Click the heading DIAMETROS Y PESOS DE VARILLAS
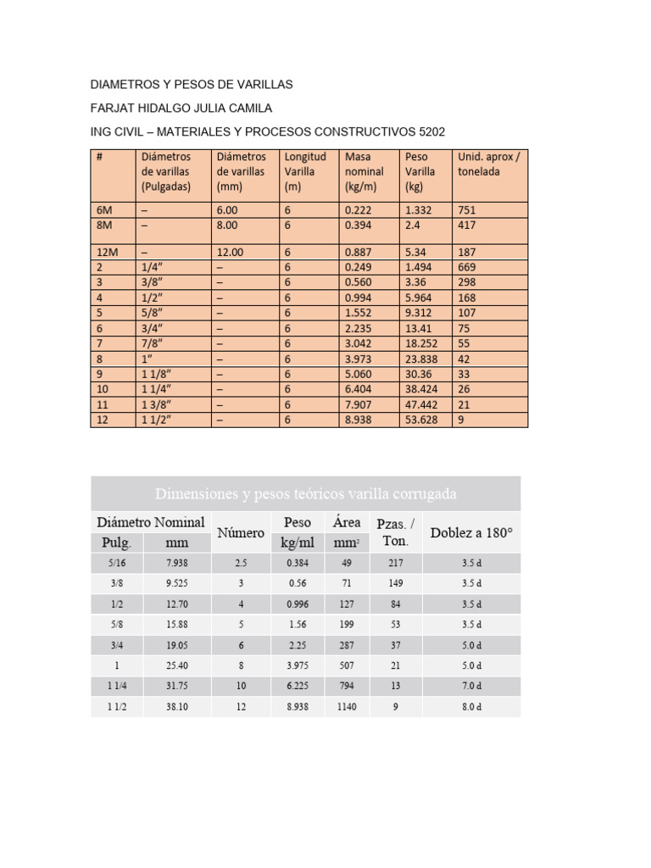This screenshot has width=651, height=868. click(x=191, y=85)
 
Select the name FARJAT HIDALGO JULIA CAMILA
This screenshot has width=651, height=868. click(x=181, y=108)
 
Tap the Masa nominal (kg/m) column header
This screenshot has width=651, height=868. click(x=364, y=171)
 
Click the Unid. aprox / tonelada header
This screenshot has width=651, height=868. click(x=488, y=164)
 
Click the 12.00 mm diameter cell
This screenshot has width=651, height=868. click(x=230, y=252)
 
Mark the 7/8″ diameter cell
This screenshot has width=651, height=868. click(x=153, y=343)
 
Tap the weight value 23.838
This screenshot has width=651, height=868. click(x=422, y=359)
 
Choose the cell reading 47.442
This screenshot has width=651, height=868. click(x=422, y=404)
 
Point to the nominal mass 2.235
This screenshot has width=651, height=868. click(x=359, y=328)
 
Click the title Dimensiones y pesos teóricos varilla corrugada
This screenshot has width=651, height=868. click(x=306, y=493)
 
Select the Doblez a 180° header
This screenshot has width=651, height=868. click(x=472, y=533)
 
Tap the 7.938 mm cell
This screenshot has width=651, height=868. click(x=177, y=563)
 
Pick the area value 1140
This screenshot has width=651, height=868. click(x=347, y=707)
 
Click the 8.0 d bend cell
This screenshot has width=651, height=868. click(x=472, y=707)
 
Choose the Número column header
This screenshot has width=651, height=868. click(x=241, y=533)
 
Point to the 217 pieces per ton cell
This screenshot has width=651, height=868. click(x=395, y=563)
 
